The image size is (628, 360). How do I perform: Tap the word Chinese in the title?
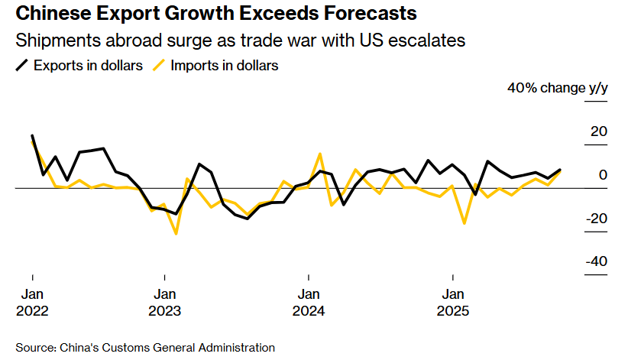(x=48, y=13)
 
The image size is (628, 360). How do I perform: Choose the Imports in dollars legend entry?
(x=224, y=66)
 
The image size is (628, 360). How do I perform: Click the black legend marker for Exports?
(x=22, y=66)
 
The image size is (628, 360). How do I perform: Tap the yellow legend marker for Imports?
(x=160, y=66)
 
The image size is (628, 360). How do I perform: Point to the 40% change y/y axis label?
(x=557, y=88)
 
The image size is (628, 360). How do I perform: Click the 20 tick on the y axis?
(x=597, y=131)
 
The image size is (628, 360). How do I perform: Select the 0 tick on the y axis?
(x=603, y=175)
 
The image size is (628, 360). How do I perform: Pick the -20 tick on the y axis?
(x=595, y=219)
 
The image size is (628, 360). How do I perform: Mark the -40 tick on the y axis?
(x=595, y=262)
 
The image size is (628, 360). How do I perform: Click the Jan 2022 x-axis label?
(x=32, y=303)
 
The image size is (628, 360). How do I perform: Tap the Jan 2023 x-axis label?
(x=165, y=303)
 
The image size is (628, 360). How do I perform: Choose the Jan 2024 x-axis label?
(x=309, y=303)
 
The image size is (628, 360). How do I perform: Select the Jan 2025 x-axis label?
(x=452, y=303)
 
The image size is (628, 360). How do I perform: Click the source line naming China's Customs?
(x=145, y=348)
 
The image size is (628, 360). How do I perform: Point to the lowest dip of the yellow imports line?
(x=176, y=233)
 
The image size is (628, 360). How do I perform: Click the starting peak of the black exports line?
(x=32, y=136)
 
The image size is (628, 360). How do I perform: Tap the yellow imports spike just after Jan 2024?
(x=320, y=154)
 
